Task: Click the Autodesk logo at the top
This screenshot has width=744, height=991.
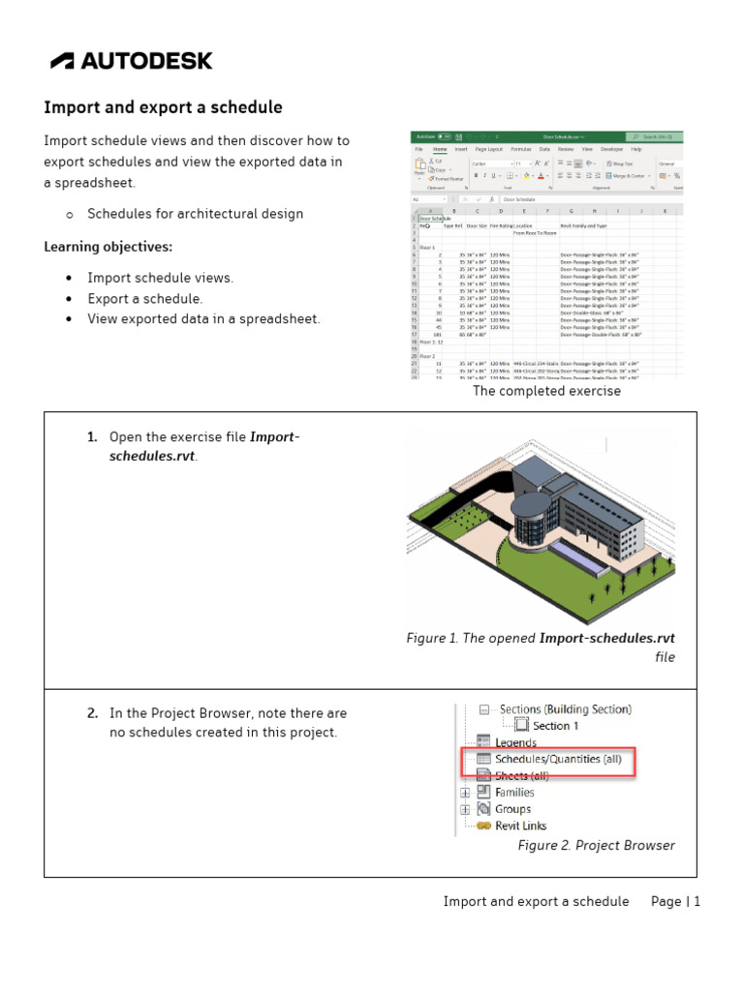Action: (132, 61)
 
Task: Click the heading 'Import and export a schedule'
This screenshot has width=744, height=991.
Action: (163, 107)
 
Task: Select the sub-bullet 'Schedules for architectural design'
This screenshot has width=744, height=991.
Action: (195, 214)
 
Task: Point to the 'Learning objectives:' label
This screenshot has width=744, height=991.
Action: (108, 247)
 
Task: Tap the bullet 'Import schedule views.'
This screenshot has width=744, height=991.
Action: (160, 278)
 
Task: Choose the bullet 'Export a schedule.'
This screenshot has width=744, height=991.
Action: (145, 299)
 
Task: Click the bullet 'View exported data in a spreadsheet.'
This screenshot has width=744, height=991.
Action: (203, 319)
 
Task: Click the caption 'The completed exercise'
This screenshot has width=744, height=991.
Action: (546, 391)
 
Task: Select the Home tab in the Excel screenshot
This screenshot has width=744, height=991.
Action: (440, 150)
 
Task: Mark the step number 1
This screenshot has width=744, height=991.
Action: (92, 437)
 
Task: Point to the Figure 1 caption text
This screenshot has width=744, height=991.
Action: (541, 647)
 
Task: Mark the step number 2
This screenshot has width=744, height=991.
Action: (92, 713)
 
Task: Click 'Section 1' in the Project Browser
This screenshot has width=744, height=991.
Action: (555, 726)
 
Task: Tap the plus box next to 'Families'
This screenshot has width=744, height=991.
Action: (466, 793)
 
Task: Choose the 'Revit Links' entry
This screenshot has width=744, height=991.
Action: (520, 826)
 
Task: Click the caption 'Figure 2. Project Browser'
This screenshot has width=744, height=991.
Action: (596, 845)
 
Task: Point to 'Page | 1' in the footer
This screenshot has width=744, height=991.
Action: (675, 901)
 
